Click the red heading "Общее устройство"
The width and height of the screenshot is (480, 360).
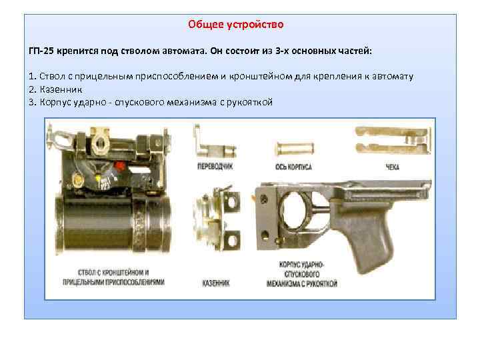[236, 25]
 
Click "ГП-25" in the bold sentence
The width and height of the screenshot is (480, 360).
[41, 51]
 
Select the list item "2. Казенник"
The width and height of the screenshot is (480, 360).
[55, 90]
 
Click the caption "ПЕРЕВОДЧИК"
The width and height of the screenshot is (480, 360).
[215, 167]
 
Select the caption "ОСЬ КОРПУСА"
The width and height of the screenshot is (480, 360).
[293, 167]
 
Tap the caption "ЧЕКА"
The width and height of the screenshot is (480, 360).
[392, 167]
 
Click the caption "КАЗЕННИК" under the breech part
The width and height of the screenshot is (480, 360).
[216, 283]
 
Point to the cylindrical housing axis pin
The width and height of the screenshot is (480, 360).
[295, 149]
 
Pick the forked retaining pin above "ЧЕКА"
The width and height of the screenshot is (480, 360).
[393, 141]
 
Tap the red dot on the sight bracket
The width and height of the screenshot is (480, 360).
[119, 166]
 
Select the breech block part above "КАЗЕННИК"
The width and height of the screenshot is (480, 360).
[217, 218]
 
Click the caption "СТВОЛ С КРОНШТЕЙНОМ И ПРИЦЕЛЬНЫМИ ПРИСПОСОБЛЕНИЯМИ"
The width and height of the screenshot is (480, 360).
[113, 277]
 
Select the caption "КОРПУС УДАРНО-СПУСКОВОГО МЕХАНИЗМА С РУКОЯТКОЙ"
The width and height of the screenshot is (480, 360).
[302, 274]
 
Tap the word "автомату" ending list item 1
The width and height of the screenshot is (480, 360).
[393, 76]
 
